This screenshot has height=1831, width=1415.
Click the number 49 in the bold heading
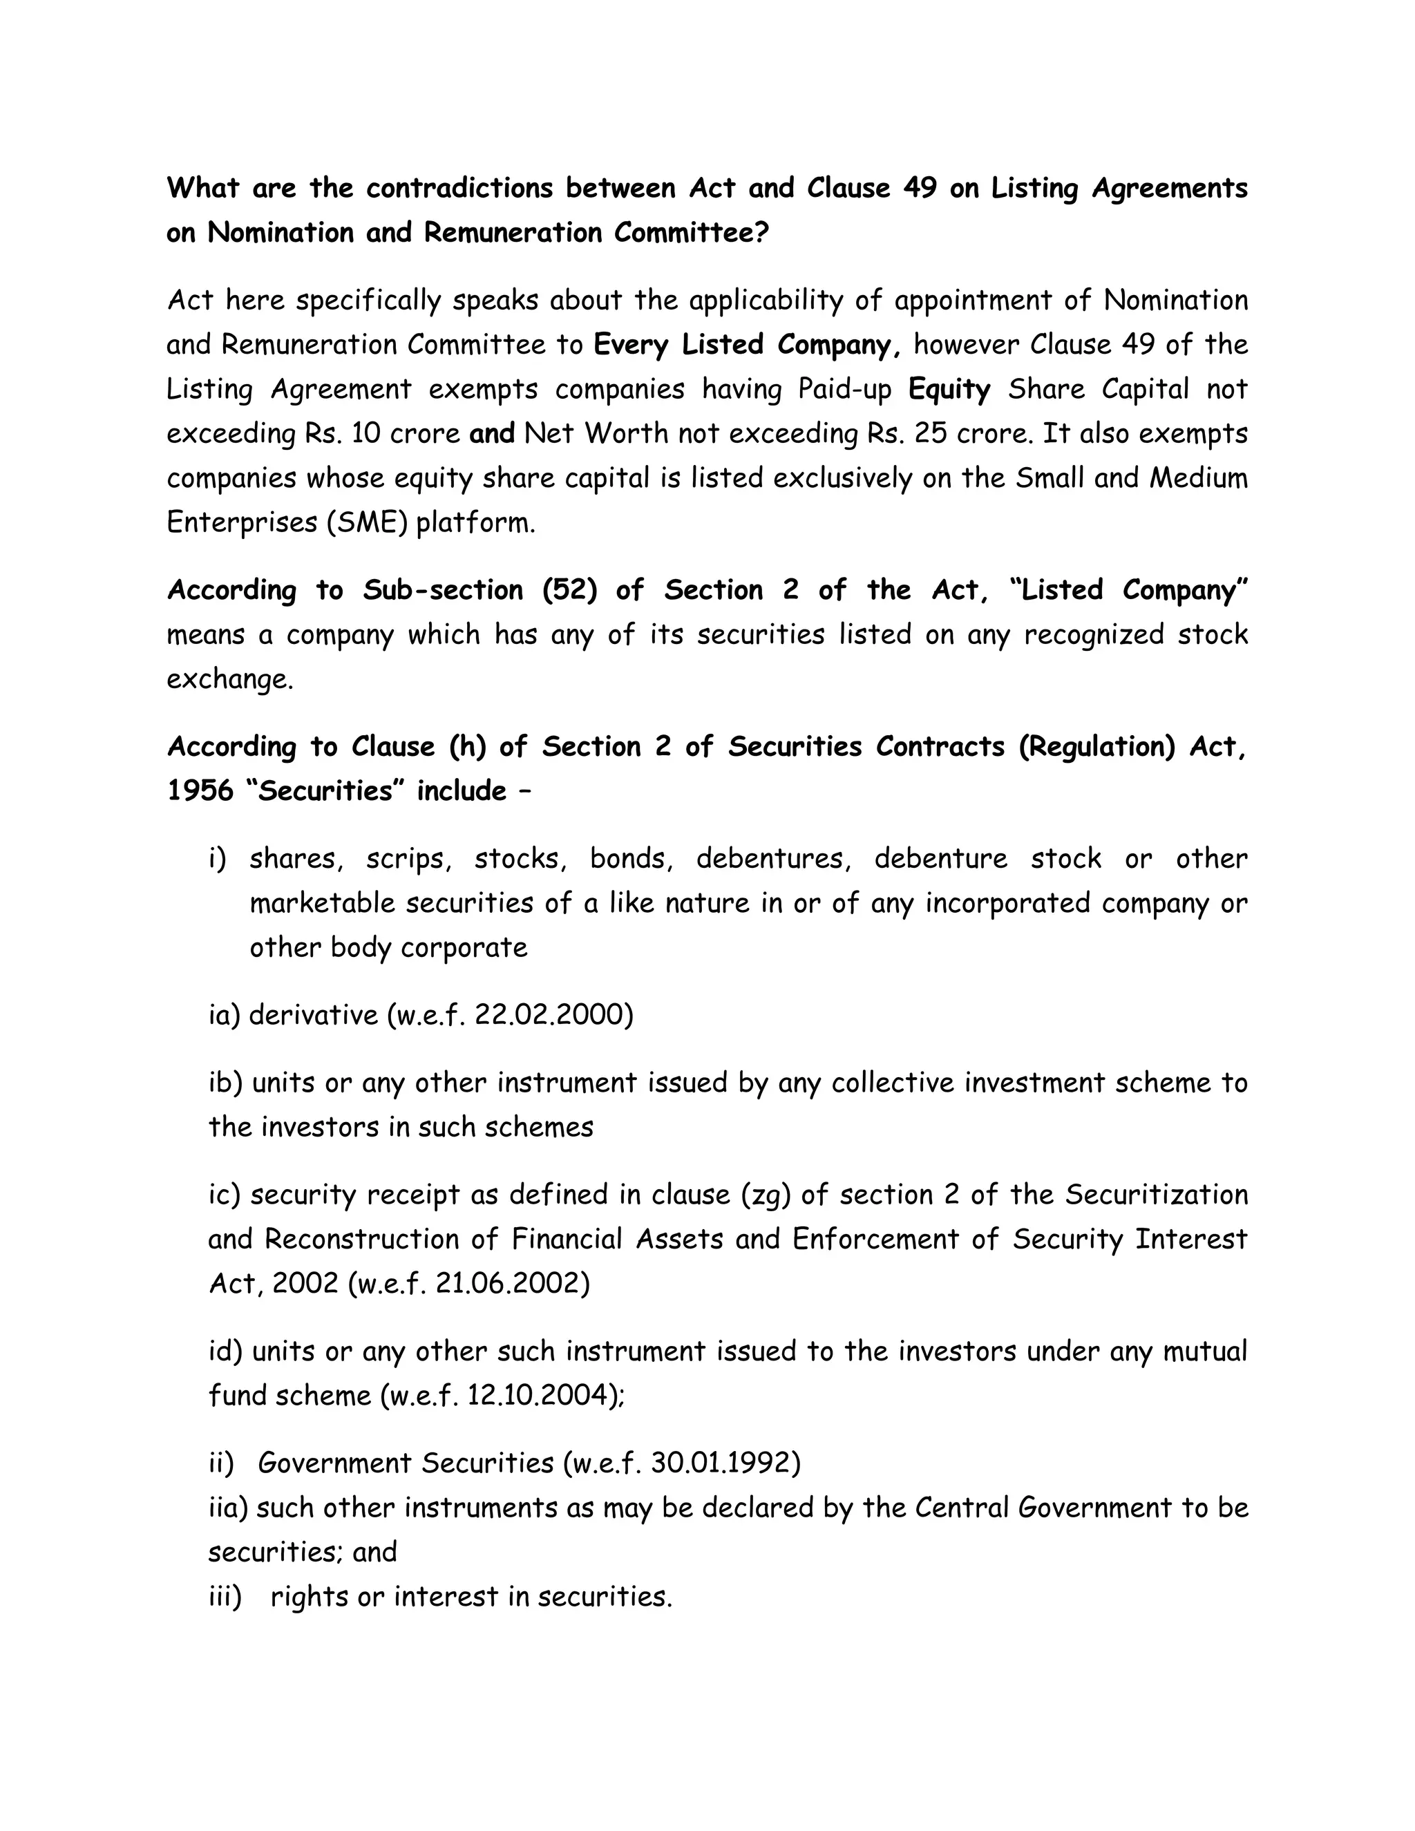tap(920, 188)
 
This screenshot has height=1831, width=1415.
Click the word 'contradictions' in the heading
tap(459, 188)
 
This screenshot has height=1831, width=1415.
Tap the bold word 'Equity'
tap(949, 389)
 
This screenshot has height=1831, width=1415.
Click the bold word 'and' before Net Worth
tap(492, 433)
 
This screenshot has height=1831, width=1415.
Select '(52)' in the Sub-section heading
tap(569, 590)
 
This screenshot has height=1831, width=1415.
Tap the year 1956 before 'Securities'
tap(200, 790)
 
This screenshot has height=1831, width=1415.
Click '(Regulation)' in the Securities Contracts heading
tap(1097, 746)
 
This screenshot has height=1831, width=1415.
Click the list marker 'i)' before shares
tap(218, 858)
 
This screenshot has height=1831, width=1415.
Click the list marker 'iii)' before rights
tap(225, 1596)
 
